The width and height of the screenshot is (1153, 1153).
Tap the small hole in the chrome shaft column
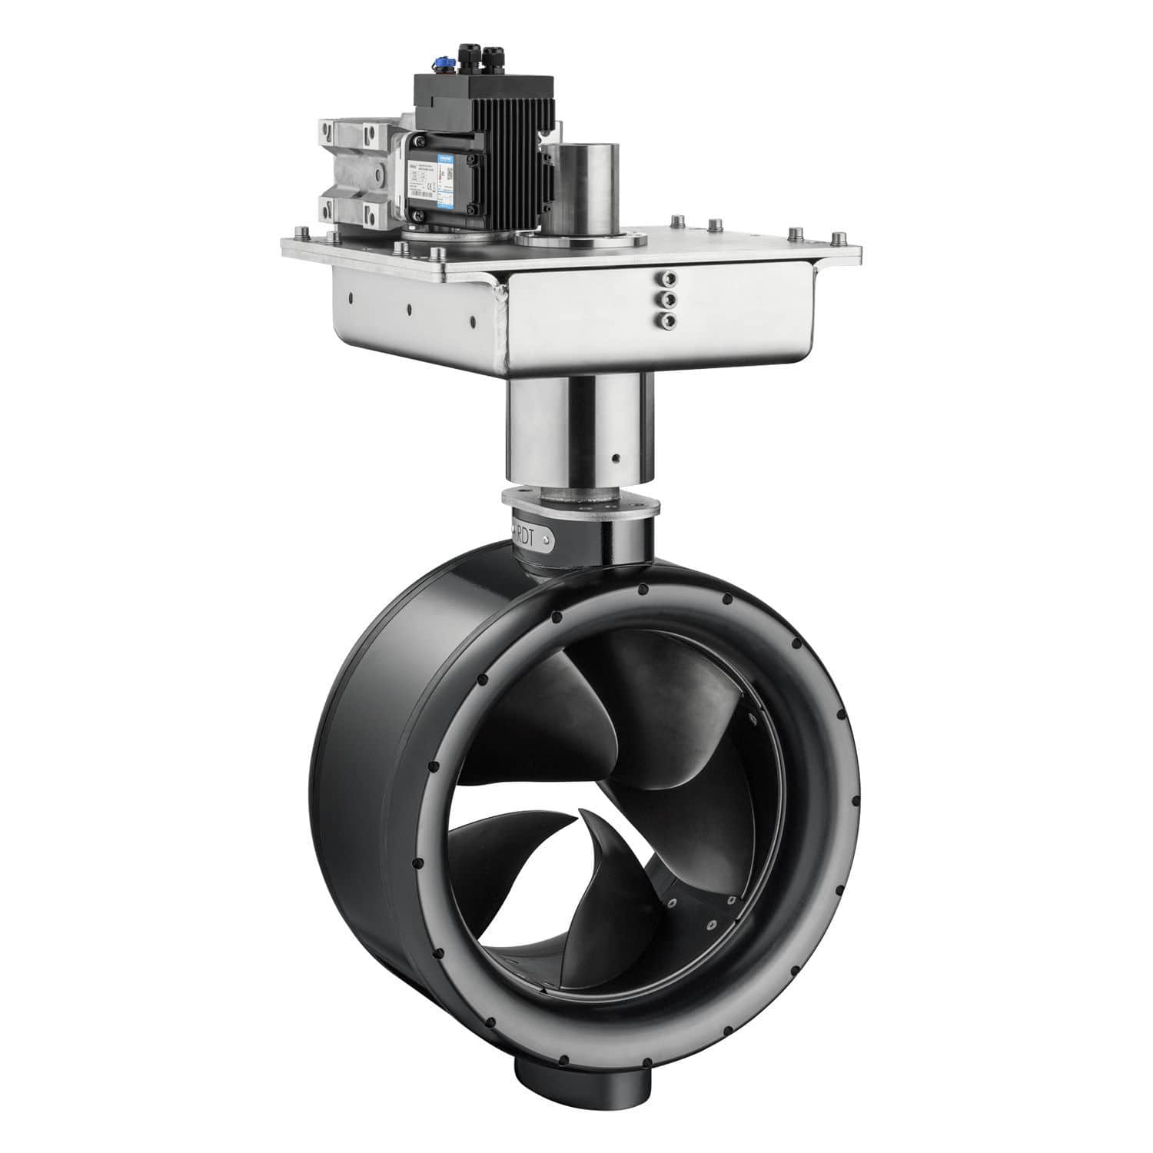616,460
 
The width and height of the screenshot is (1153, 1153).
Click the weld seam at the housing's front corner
504,323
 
